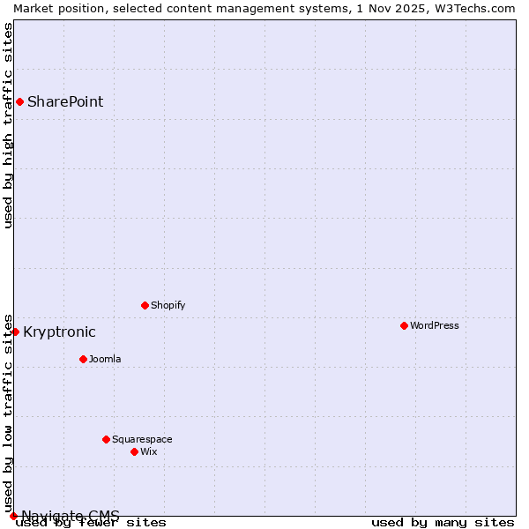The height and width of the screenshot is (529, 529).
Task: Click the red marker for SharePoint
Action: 19,101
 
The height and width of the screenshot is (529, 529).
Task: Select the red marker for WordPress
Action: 404,325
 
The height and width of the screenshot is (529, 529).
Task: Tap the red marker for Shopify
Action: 145,305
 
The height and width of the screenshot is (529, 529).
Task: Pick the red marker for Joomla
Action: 83,359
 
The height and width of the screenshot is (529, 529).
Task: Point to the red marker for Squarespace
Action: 106,439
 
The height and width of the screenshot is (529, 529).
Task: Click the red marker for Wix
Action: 134,451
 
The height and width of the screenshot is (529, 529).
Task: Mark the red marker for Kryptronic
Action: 15,332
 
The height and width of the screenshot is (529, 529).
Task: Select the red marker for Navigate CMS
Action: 13,516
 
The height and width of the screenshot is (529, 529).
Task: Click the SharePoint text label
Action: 65,101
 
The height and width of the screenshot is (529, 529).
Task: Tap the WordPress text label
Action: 434,325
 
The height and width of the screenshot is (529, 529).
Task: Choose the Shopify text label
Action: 168,305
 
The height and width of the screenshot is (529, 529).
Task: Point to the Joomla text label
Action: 105,359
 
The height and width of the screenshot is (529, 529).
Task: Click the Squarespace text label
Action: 142,439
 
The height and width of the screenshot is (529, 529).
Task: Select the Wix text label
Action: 148,451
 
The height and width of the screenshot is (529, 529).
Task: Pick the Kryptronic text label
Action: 59,332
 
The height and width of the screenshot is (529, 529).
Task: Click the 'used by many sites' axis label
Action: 443,522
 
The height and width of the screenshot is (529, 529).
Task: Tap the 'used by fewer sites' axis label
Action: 92,522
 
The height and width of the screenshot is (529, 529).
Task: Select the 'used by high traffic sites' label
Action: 8,125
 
